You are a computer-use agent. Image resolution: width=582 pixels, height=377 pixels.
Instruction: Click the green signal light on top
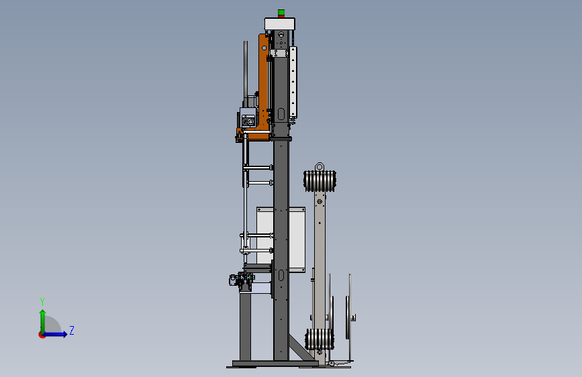(x=281, y=13)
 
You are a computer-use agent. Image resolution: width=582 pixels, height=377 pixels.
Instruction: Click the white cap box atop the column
(x=279, y=23)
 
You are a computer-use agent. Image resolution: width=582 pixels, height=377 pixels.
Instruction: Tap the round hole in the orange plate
(x=264, y=48)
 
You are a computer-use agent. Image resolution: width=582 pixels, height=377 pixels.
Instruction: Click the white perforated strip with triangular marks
(x=293, y=82)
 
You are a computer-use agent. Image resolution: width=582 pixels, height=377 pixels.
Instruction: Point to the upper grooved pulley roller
(x=320, y=180)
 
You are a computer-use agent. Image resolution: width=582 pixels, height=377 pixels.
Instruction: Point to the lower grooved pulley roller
(x=320, y=339)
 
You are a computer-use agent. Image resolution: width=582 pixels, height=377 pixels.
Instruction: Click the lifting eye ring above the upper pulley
(x=320, y=166)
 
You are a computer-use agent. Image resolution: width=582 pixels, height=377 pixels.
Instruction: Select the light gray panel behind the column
(x=281, y=239)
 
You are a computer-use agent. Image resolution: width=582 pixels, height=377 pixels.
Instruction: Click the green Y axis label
(x=42, y=301)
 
